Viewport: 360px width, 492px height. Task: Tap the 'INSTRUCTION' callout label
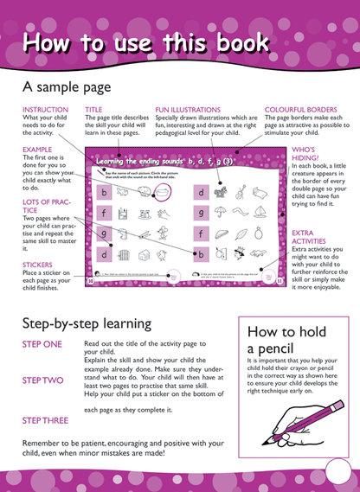point(45,110)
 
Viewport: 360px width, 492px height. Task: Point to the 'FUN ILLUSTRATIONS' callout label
point(190,110)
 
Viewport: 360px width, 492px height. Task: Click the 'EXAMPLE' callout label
point(39,149)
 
